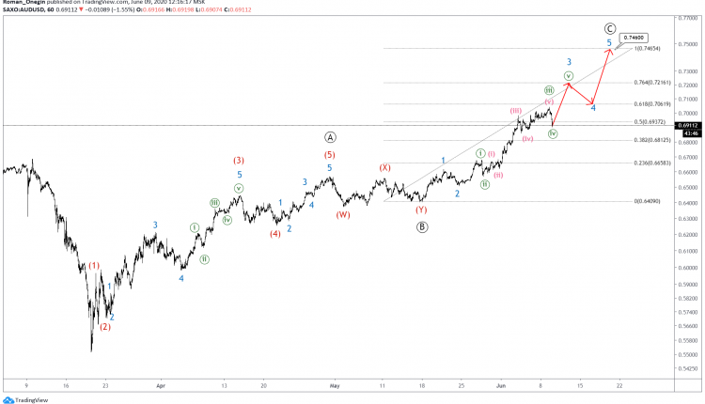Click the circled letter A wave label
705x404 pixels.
pyautogui.click(x=331, y=136)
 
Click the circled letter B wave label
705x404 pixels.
pyautogui.click(x=422, y=225)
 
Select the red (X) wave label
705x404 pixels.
pyautogui.click(x=384, y=167)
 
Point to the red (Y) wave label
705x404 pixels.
pyautogui.click(x=422, y=210)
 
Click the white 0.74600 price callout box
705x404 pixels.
pyautogui.click(x=659, y=38)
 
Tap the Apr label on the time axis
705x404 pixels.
pyautogui.click(x=161, y=385)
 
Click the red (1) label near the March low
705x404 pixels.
pyautogui.click(x=95, y=266)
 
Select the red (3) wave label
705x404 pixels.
pyautogui.click(x=239, y=160)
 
